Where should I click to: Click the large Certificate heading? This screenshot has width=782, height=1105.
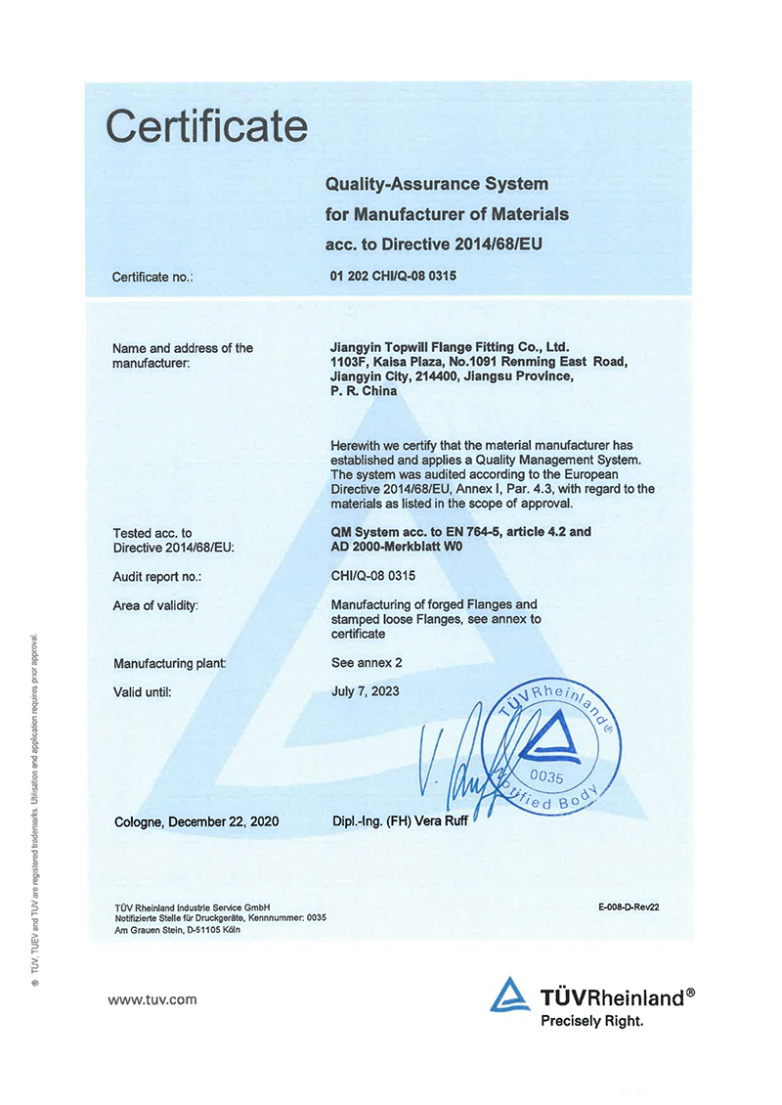pyautogui.click(x=206, y=127)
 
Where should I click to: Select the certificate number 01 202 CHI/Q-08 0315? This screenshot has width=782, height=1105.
pyautogui.click(x=394, y=276)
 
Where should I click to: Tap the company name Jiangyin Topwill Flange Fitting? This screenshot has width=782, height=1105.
pyautogui.click(x=451, y=347)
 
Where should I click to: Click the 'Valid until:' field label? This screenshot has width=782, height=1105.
pyautogui.click(x=143, y=692)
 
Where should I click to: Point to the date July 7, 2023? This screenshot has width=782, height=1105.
pyautogui.click(x=366, y=691)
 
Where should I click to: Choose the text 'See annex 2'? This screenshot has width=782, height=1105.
pyautogui.click(x=367, y=663)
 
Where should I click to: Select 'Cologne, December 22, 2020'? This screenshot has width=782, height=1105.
pyautogui.click(x=196, y=822)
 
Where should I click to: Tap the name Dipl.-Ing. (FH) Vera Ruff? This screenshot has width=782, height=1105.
pyautogui.click(x=402, y=822)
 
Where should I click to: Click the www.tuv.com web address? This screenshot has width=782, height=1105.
pyautogui.click(x=152, y=999)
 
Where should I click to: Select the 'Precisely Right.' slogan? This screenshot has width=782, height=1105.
pyautogui.click(x=592, y=1021)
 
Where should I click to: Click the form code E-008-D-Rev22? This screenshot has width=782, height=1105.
pyautogui.click(x=630, y=906)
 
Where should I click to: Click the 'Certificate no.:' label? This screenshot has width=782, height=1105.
pyautogui.click(x=152, y=278)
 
